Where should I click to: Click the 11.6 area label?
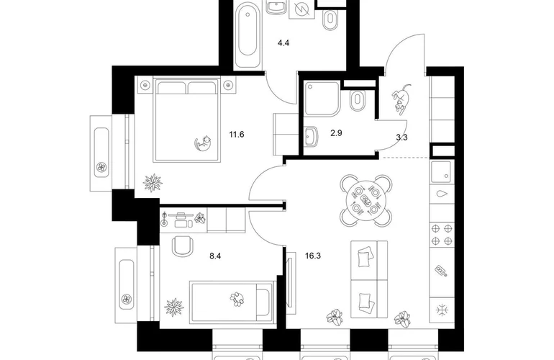(x=237, y=135)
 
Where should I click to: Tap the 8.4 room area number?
(x=215, y=256)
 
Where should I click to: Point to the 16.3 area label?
(x=313, y=256)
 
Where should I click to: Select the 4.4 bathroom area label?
(x=283, y=43)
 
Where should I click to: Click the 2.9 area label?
(x=336, y=133)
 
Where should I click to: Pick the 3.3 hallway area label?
(x=401, y=138)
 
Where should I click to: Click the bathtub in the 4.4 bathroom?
(x=248, y=35)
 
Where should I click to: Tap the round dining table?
(x=366, y=200)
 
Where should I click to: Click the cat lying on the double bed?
(x=204, y=143)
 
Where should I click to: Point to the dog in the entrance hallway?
(x=401, y=99)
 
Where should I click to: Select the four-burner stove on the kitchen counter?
(x=442, y=235)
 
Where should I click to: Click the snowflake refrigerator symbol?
(x=442, y=310)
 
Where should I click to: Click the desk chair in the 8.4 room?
(x=183, y=246)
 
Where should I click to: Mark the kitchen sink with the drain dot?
(x=441, y=172)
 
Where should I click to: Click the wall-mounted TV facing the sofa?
(x=291, y=283)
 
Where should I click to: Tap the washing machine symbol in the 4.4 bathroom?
(x=301, y=9)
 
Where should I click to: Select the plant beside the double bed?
(x=153, y=183)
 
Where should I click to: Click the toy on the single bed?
(x=237, y=298)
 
